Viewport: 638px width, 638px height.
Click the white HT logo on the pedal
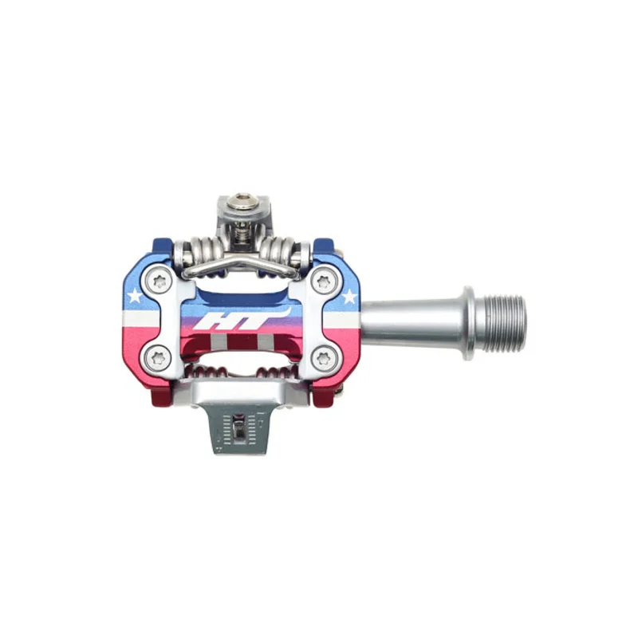point(242,318)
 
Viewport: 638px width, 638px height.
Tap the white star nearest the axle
point(349,297)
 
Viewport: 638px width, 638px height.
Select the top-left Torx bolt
point(156,281)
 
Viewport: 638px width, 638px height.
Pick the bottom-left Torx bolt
point(156,357)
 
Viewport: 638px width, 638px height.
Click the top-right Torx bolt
point(323,281)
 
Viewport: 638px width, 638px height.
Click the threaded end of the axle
point(505,318)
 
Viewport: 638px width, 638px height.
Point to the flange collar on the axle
point(471,318)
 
